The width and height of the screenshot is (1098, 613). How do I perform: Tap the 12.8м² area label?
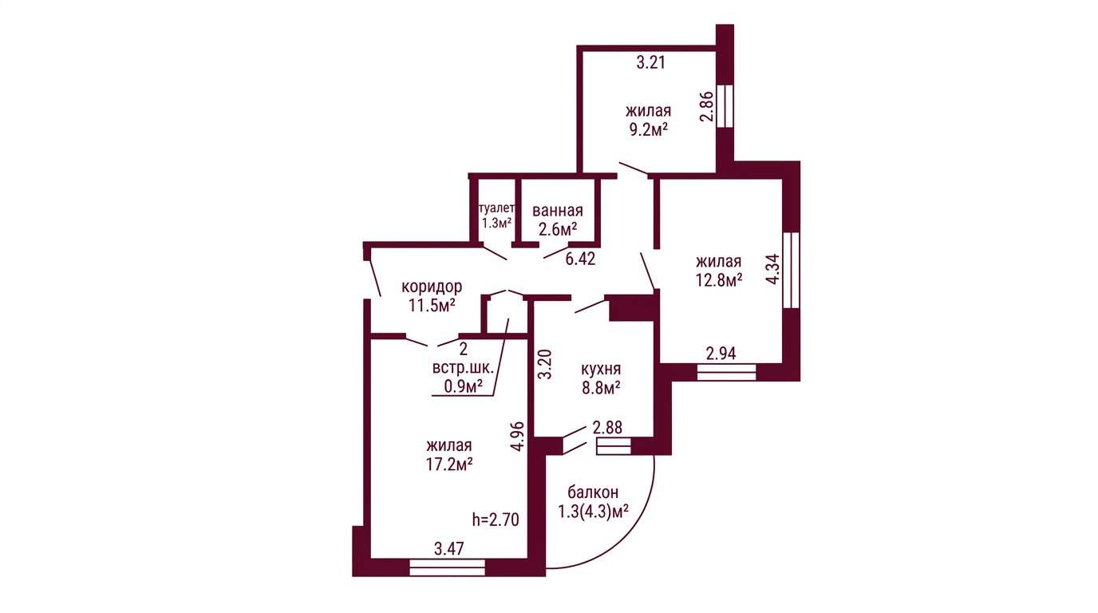719,280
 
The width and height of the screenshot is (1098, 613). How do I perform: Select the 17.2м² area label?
449,464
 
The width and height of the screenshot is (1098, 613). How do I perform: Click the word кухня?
601,370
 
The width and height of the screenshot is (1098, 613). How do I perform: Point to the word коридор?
432,286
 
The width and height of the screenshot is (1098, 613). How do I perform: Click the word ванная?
558,211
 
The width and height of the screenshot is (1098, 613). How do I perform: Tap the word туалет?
496,208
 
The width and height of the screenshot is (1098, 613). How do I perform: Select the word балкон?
593,492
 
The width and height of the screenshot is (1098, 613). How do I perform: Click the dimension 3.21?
650,63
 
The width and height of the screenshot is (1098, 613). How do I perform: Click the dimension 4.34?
772,269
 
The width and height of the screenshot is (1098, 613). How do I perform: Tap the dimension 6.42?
580,259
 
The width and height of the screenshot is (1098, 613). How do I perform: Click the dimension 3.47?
449,548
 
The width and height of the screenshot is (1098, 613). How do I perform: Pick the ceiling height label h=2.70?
496,520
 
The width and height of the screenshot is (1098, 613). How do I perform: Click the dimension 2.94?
721,353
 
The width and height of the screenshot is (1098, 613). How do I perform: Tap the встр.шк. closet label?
463,368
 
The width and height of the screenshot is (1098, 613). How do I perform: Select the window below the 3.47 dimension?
447,568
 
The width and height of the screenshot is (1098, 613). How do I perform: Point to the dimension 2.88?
607,428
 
